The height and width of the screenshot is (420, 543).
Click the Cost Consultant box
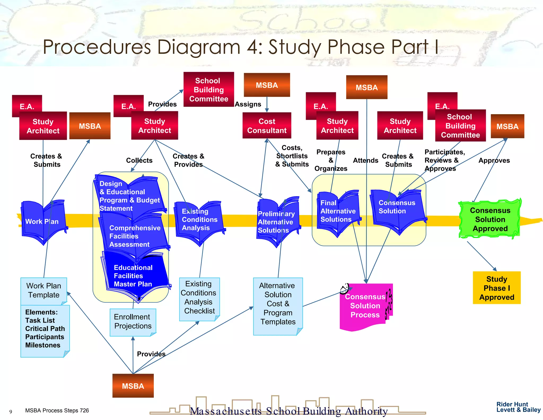click(x=267, y=126)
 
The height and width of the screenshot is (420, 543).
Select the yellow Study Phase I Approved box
click(x=496, y=288)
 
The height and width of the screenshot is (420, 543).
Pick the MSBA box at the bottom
click(x=133, y=386)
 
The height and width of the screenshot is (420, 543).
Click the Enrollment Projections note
click(x=133, y=322)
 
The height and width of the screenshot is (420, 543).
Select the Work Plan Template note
click(x=43, y=290)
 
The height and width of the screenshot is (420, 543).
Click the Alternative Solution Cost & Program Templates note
click(x=278, y=304)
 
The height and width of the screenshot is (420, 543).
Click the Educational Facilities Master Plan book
click(x=134, y=276)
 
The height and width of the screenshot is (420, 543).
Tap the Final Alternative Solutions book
click(x=338, y=211)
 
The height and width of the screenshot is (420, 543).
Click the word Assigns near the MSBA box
click(x=248, y=104)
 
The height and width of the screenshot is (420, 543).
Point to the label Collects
click(x=139, y=160)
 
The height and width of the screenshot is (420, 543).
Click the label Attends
click(x=365, y=160)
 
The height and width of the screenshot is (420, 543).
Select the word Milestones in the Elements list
click(x=43, y=345)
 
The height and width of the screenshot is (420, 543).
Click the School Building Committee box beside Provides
click(x=208, y=90)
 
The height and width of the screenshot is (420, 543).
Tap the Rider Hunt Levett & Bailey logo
click(x=518, y=407)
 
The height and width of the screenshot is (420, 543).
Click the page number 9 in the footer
click(x=11, y=412)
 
